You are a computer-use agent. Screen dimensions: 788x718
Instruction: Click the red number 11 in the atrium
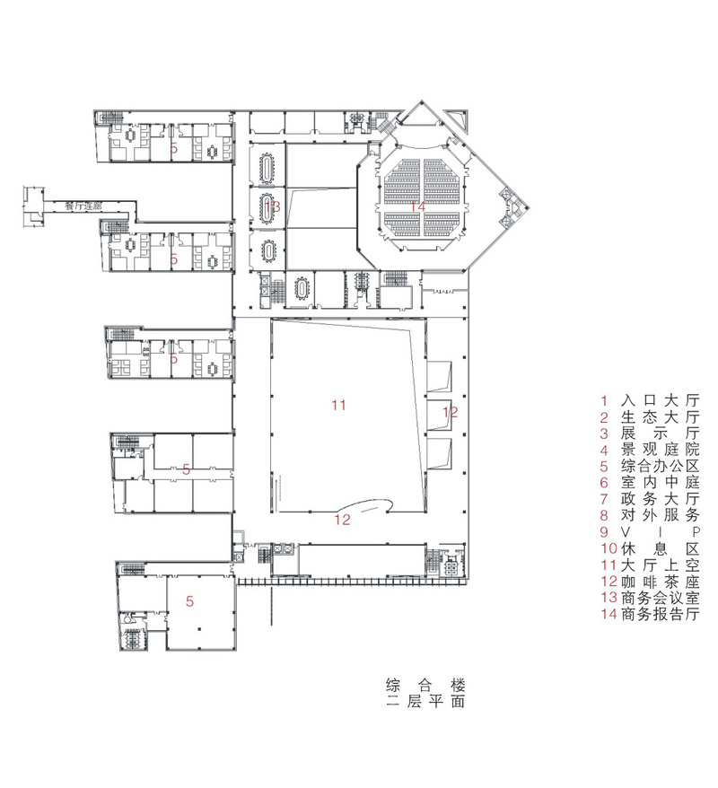tap(337, 406)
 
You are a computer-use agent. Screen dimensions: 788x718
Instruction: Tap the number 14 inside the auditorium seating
tap(416, 207)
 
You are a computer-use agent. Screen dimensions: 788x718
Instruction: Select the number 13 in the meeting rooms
tap(273, 207)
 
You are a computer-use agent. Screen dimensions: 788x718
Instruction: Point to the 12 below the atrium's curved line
tap(343, 518)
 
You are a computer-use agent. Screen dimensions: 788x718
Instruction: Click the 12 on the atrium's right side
tap(451, 412)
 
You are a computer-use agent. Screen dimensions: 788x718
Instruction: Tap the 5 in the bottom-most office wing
tap(190, 601)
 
